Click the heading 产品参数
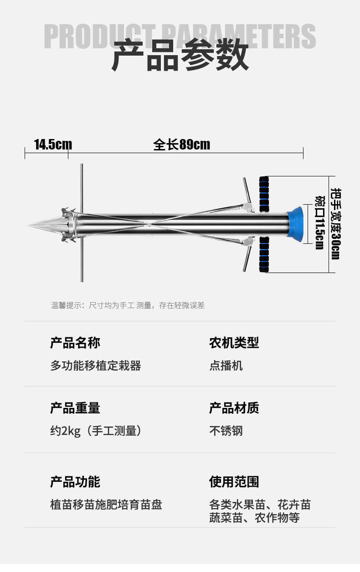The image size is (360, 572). click(180, 56)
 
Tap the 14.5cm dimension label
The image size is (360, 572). click(53, 145)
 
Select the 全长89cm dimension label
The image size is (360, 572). click(182, 144)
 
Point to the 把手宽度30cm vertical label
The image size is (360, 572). click(335, 224)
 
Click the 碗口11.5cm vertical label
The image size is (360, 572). click(319, 222)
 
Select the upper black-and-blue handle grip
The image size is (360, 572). click(264, 194)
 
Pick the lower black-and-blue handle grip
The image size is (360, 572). click(264, 254)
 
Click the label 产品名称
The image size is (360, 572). click(75, 343)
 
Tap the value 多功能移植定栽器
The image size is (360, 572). click(96, 366)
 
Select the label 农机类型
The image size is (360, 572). click(234, 343)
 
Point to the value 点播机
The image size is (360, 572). click(226, 366)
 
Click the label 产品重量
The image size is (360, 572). click(75, 408)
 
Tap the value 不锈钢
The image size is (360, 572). click(226, 431)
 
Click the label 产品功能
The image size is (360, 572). click(75, 482)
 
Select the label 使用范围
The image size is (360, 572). click(234, 482)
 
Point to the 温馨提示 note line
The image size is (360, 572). click(128, 305)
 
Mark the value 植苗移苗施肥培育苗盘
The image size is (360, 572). click(106, 505)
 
